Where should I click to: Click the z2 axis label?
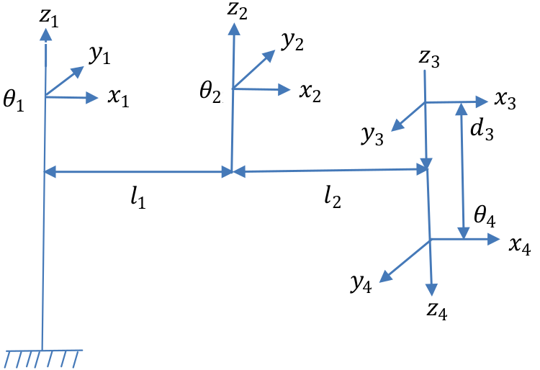click(x=238, y=10)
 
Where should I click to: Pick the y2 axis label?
click(x=292, y=41)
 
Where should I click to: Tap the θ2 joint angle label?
click(x=211, y=92)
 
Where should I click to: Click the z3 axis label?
click(x=429, y=60)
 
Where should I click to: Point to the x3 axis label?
click(x=505, y=101)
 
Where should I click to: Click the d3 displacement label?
click(x=480, y=130)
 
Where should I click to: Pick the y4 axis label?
click(x=362, y=283)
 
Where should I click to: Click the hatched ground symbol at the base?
click(x=43, y=357)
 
